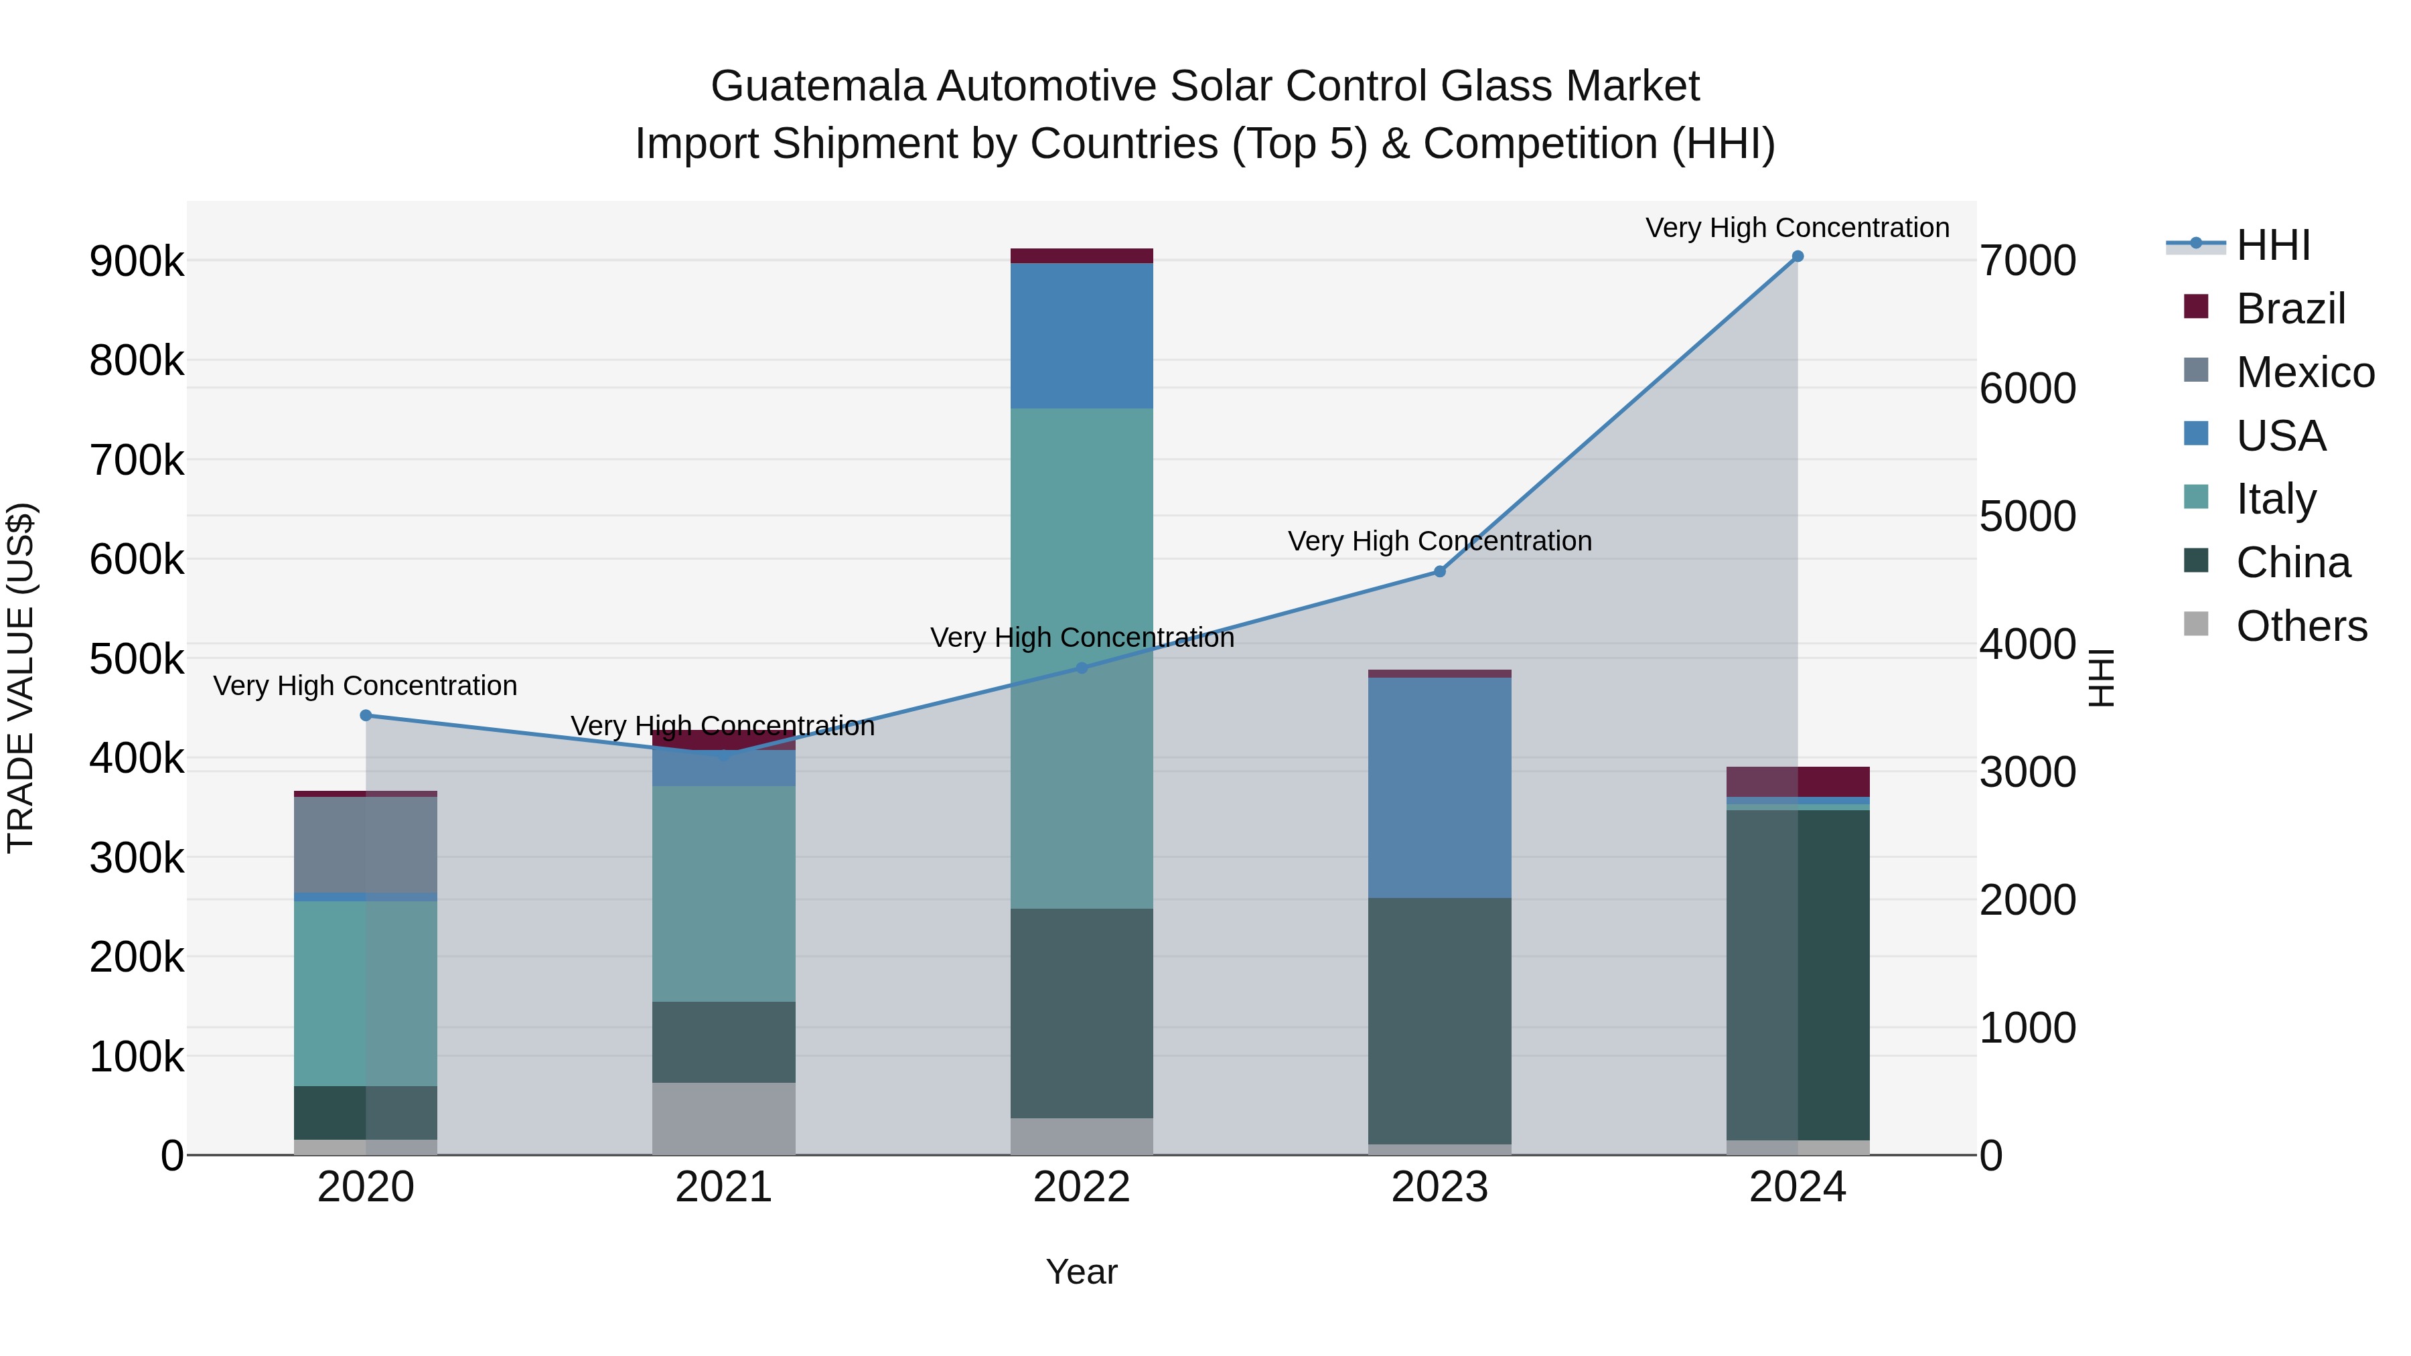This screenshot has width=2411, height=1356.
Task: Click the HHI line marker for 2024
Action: tap(1797, 256)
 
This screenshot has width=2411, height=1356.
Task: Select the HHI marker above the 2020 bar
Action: tap(366, 716)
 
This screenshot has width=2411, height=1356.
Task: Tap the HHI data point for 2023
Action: tap(1439, 572)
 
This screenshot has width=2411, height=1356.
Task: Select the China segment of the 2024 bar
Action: tap(1797, 973)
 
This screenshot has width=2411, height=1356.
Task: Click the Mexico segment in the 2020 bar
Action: tap(366, 844)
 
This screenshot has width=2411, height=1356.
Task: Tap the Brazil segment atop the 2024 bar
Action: tap(1797, 781)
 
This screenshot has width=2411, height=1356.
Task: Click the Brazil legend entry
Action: tap(2290, 309)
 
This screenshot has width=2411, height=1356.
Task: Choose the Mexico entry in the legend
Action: tap(2305, 372)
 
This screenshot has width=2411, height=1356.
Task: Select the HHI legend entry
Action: tap(2272, 245)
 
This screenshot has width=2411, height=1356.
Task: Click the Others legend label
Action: tap(2300, 626)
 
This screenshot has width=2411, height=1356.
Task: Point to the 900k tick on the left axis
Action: tap(137, 262)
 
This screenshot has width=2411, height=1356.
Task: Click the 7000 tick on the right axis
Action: tap(2027, 260)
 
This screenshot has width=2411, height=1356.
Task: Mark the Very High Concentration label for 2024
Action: tap(1797, 228)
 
